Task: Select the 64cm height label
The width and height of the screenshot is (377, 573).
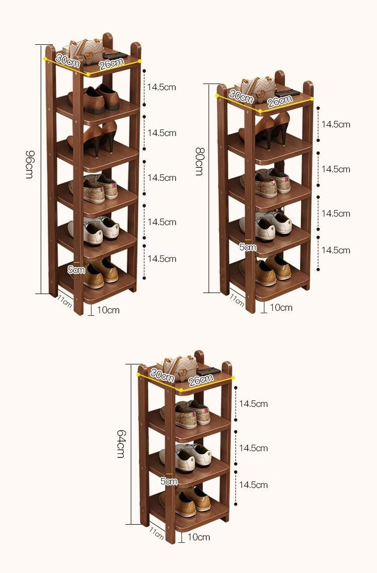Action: click(121, 443)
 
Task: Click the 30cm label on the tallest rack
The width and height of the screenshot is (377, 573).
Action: click(68, 60)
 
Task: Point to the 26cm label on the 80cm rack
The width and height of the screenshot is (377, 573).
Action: click(279, 101)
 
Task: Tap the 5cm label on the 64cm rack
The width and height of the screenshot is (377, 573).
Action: click(169, 481)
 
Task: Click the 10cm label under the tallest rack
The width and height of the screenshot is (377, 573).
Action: click(108, 310)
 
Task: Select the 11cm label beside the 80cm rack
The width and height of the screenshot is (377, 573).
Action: click(237, 299)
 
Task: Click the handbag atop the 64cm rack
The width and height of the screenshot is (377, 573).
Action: click(179, 367)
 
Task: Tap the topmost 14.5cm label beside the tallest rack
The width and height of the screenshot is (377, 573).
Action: click(161, 87)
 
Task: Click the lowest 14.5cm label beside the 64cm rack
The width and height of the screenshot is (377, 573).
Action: click(253, 485)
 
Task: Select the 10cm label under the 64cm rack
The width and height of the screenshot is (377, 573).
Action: click(199, 537)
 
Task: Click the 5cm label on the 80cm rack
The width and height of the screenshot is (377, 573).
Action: click(248, 247)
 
